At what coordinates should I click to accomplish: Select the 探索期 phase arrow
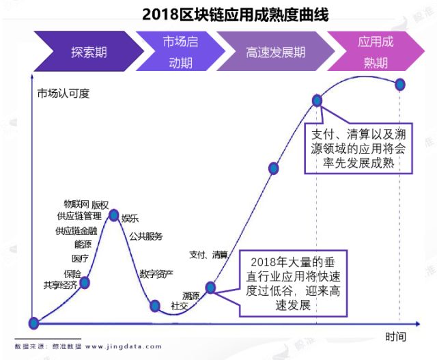[x=89, y=52]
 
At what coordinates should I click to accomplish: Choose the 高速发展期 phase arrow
[x=275, y=52]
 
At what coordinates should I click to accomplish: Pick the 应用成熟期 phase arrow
[x=376, y=52]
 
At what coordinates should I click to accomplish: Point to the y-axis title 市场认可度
[x=64, y=93]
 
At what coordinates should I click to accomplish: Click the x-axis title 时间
[x=395, y=336]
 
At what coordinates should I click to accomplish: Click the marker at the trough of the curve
[x=155, y=305]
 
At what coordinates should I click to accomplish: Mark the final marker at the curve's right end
[x=400, y=84]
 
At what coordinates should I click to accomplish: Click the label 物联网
[x=76, y=204]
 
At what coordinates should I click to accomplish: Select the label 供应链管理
[x=79, y=216]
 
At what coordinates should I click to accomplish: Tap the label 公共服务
[x=146, y=236]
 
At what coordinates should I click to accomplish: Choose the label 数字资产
[x=156, y=274]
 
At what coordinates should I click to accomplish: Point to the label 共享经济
[x=60, y=286]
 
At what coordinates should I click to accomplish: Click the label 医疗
[x=80, y=258]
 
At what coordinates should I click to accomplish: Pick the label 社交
[x=180, y=306]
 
